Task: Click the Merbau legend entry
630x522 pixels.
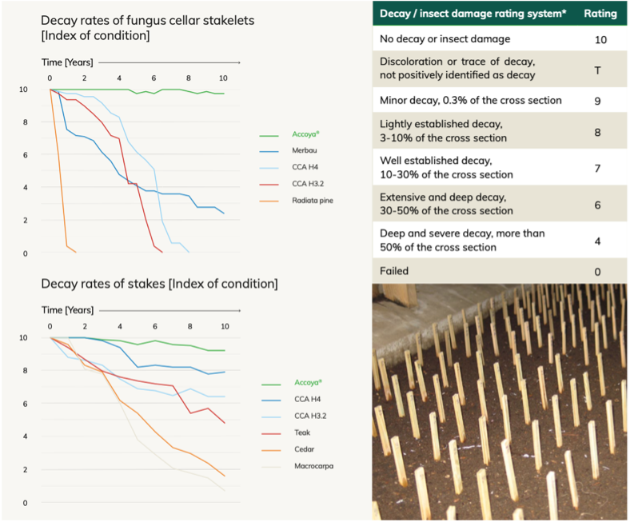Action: [304, 150]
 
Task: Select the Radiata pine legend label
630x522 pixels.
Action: [313, 201]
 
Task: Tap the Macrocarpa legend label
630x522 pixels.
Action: [313, 466]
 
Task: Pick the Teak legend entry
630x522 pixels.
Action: [302, 432]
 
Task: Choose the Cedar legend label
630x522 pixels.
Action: [304, 449]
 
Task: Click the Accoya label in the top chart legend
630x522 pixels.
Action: [305, 134]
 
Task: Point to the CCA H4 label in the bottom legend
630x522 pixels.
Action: [307, 399]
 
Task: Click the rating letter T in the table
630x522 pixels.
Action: [597, 70]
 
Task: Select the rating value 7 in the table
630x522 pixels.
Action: [597, 168]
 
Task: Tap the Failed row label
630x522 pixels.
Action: [394, 271]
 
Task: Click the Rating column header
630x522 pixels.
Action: [600, 14]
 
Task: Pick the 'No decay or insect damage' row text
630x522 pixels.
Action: [445, 39]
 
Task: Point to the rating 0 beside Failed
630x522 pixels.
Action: [597, 272]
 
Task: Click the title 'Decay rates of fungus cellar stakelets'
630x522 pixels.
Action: [147, 21]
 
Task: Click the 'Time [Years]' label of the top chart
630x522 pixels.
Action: [67, 62]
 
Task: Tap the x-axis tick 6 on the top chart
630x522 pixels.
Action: [154, 78]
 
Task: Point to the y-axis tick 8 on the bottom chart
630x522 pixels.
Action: [25, 370]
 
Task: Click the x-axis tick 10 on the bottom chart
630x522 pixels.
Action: [225, 326]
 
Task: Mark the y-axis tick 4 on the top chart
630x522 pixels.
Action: [25, 187]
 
